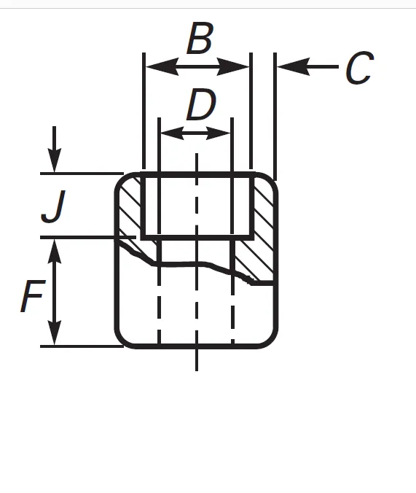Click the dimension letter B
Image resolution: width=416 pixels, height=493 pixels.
pyautogui.click(x=200, y=38)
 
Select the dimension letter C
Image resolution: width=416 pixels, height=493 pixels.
pyautogui.click(x=360, y=68)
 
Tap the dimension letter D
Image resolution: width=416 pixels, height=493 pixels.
pyautogui.click(x=201, y=105)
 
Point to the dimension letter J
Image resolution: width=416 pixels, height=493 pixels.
pyautogui.click(x=53, y=206)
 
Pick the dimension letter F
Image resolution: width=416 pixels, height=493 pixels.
pyautogui.click(x=33, y=296)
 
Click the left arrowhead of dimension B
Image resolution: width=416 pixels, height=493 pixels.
pyautogui.click(x=162, y=66)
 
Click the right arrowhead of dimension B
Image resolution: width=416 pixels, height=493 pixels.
pyautogui.click(x=233, y=66)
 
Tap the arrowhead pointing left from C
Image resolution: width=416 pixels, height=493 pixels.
pyautogui.click(x=294, y=66)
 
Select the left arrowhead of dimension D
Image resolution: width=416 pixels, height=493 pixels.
pyautogui.click(x=172, y=133)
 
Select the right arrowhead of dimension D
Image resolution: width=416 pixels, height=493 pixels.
pyautogui.click(x=219, y=133)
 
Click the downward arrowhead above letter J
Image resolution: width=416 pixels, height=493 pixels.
pyautogui.click(x=55, y=160)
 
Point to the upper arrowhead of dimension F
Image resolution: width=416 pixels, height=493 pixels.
pyautogui.click(x=55, y=251)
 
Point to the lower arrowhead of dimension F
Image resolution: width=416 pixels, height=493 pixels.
pyautogui.click(x=55, y=333)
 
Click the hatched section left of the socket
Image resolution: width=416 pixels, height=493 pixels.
pyautogui.click(x=130, y=208)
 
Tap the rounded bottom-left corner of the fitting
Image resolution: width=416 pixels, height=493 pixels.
pyautogui.click(x=122, y=341)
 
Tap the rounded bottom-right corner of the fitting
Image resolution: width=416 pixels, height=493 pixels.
pyautogui.click(x=271, y=341)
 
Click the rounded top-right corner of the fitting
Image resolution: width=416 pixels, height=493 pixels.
pyautogui.click(x=271, y=179)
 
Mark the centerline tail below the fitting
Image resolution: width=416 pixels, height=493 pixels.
pyautogui.click(x=197, y=360)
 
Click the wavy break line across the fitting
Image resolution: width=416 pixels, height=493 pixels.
pyautogui.click(x=197, y=263)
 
